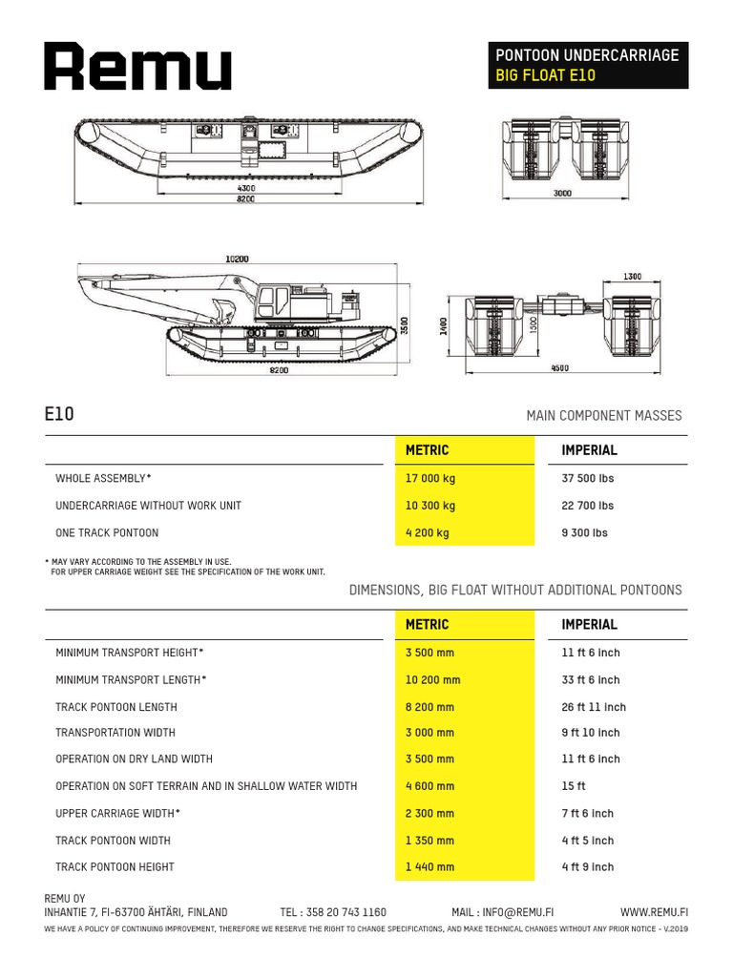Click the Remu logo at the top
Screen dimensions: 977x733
coord(137,67)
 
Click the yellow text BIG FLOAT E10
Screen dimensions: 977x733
coord(544,75)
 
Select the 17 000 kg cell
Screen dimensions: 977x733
coord(431,478)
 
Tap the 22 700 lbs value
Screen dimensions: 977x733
coord(588,506)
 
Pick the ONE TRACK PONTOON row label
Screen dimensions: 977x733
coord(107,532)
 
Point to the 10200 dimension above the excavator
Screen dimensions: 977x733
coord(237,259)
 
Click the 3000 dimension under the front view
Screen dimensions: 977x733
coord(562,194)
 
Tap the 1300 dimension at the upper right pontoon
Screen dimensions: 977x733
coord(632,277)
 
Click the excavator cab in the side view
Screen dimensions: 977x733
coord(277,303)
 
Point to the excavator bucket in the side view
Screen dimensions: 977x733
coord(224,311)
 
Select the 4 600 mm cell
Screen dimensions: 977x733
coord(430,786)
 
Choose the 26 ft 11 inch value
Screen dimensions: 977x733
coord(594,707)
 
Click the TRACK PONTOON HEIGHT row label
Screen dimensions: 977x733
coord(115,867)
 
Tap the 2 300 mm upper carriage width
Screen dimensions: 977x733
coord(430,814)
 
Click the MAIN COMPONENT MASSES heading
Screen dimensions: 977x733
coord(604,416)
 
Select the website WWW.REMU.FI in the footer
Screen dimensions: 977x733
coord(654,912)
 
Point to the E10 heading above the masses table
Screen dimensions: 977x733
coord(59,414)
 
